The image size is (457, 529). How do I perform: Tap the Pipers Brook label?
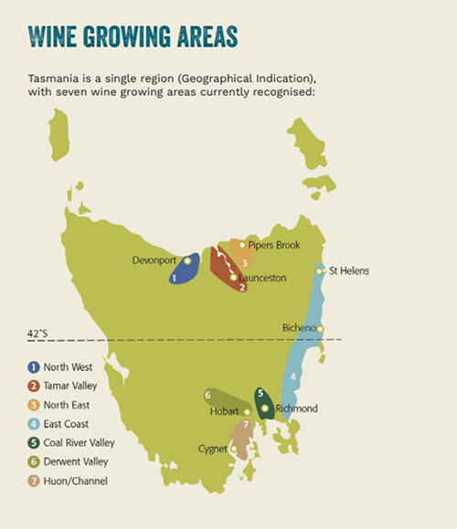coord(274,245)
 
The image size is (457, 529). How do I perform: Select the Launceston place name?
coord(263,277)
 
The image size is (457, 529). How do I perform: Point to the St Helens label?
coord(349,271)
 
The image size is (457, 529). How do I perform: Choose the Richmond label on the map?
coord(295,408)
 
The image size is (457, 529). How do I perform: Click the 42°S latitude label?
coord(39,334)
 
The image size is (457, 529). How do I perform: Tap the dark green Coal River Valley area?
coord(264,403)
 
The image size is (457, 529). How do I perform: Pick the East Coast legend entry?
coord(65,423)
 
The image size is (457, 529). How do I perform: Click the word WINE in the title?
coord(55,37)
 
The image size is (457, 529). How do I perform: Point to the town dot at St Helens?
coord(320,271)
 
